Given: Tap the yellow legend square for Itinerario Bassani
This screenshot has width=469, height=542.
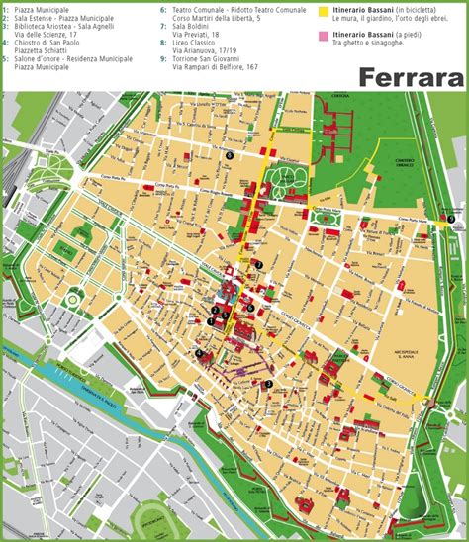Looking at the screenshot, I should tap(323, 9).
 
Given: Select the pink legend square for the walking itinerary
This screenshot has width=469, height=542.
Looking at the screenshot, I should tap(323, 36).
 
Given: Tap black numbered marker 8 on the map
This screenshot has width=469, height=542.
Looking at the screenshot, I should tap(230, 154).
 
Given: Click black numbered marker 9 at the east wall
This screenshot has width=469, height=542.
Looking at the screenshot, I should tap(450, 219).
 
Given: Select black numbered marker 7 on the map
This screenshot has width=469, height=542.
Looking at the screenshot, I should tap(259, 265).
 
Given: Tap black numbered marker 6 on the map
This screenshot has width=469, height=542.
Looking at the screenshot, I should tap(250, 307).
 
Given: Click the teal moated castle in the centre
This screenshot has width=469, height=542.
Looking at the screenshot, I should tap(228, 293).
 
